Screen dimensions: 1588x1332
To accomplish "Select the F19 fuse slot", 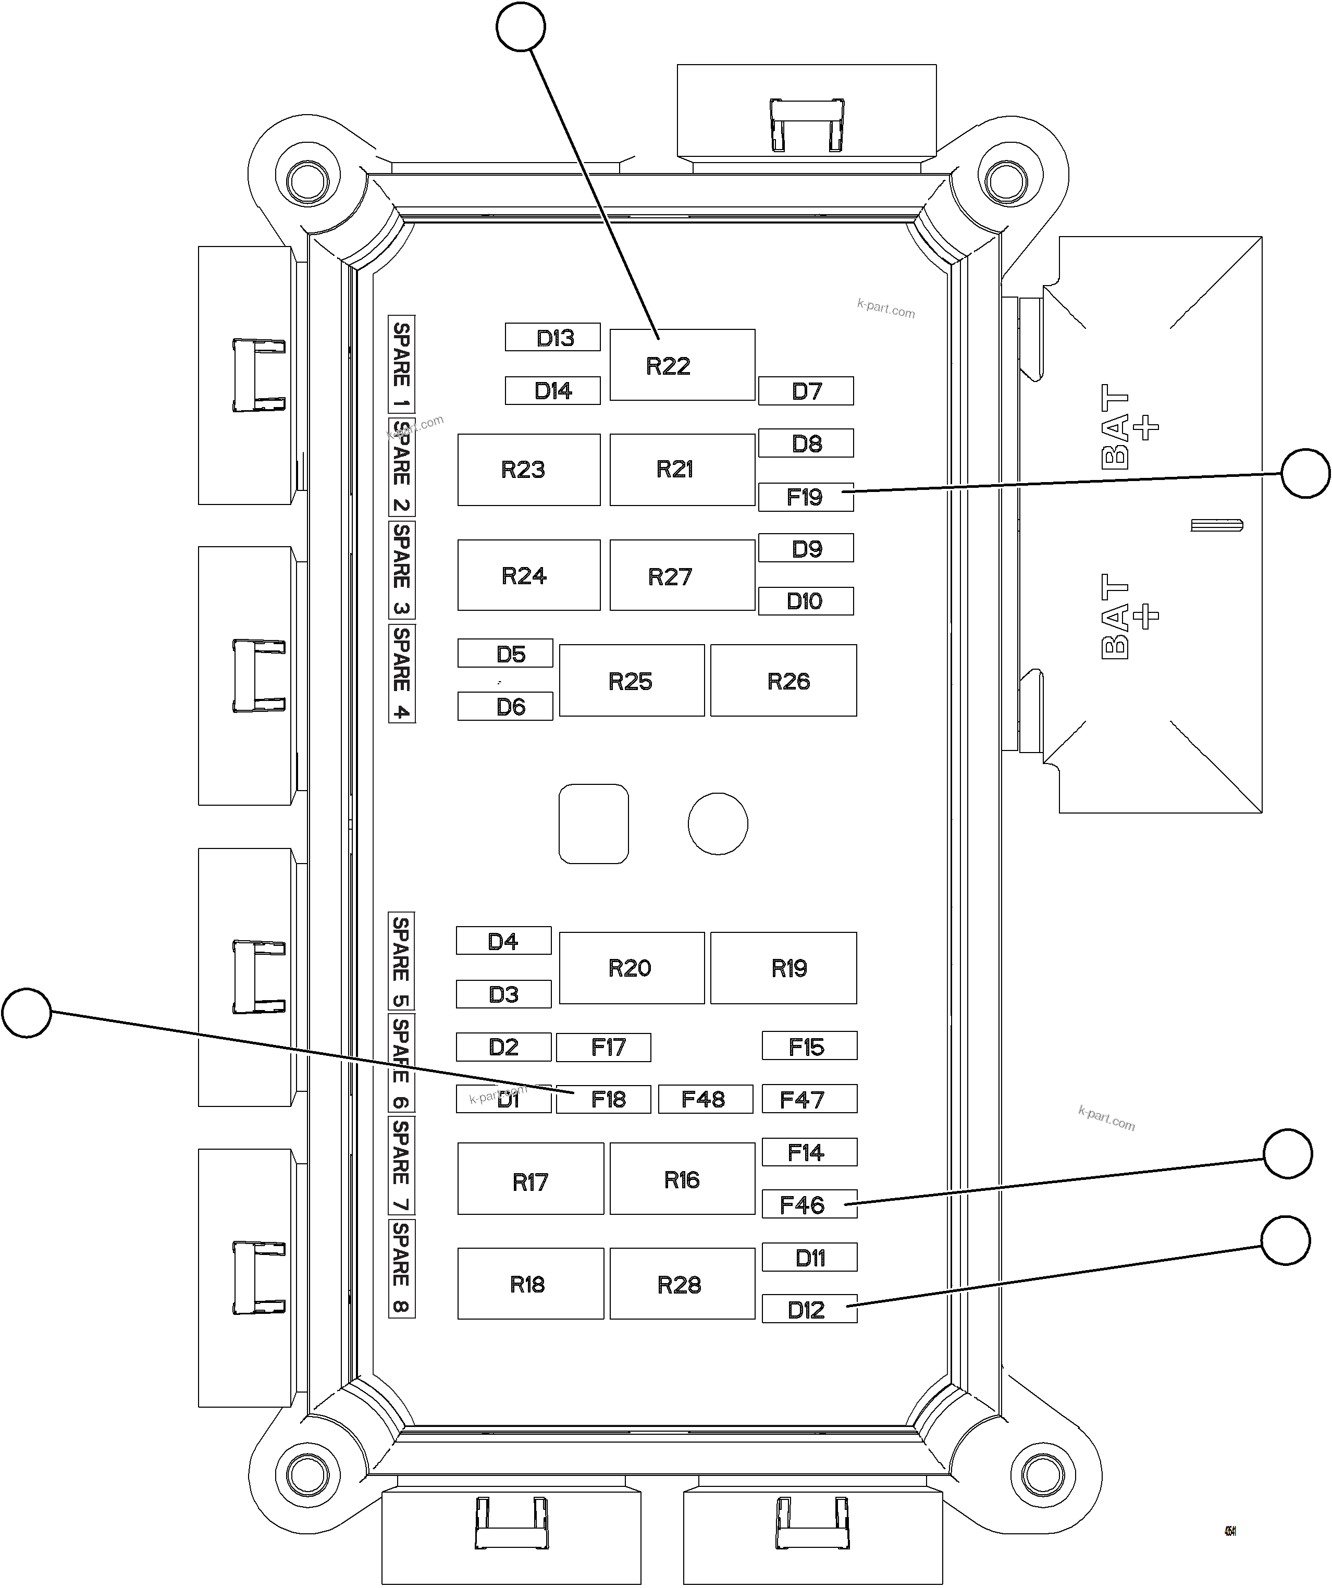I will (x=806, y=497).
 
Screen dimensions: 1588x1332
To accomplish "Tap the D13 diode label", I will (x=552, y=337).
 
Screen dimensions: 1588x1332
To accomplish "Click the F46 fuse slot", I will (x=809, y=1204).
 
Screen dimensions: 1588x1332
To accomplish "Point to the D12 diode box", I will (x=809, y=1310).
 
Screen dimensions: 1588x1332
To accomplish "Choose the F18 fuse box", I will (x=603, y=1099).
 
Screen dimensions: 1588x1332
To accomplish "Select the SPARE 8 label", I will (x=401, y=1268).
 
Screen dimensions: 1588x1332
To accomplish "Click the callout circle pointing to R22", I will (x=521, y=27).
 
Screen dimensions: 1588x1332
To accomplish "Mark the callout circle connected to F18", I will (x=27, y=1013).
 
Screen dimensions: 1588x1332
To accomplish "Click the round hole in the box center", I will (x=718, y=823).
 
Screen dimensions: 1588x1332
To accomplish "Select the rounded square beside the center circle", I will (x=594, y=823).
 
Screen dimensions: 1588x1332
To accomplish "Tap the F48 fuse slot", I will (x=705, y=1099).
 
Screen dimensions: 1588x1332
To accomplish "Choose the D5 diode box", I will (x=505, y=654).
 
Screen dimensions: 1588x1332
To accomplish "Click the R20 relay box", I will (x=631, y=967).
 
